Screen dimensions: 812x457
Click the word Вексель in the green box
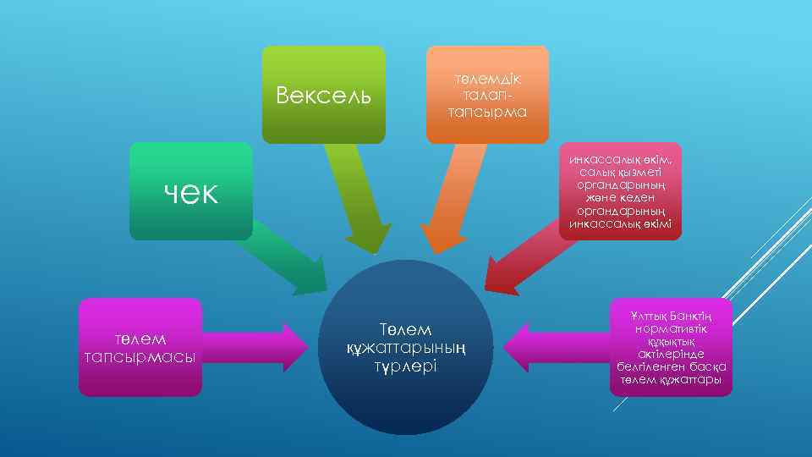click(324, 94)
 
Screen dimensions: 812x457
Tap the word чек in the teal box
click(190, 192)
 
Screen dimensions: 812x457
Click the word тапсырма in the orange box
click(487, 112)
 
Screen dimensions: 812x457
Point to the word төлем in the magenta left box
click(140, 340)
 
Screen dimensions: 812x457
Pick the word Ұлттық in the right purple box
click(649, 316)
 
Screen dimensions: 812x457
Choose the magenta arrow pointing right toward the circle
click(254, 347)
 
